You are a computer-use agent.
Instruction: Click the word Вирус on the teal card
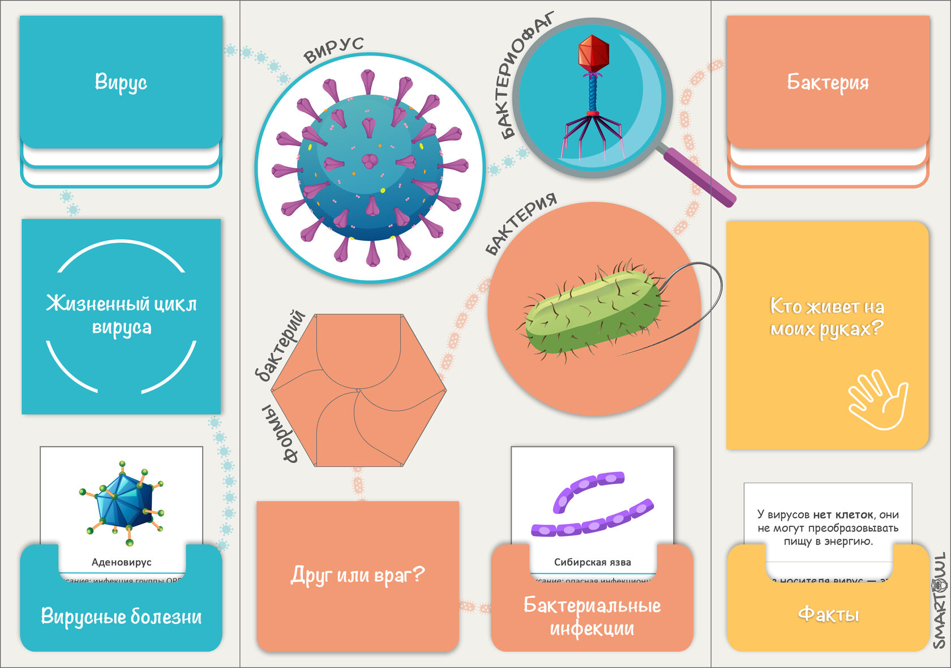(121, 82)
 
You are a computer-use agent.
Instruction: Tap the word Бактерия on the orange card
(828, 83)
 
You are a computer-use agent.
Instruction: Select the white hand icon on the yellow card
(878, 399)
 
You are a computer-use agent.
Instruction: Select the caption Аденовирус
(122, 562)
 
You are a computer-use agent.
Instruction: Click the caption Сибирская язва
(592, 562)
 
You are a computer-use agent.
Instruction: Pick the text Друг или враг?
(357, 575)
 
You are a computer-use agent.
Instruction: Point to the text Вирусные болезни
(121, 616)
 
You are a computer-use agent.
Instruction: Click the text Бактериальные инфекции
(592, 616)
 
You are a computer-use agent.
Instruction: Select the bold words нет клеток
(843, 514)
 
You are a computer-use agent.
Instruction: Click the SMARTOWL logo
(940, 601)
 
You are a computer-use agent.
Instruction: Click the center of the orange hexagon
(358, 390)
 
